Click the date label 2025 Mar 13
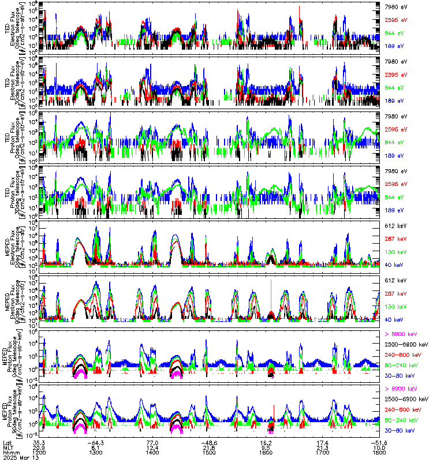pyautogui.click(x=18, y=457)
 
